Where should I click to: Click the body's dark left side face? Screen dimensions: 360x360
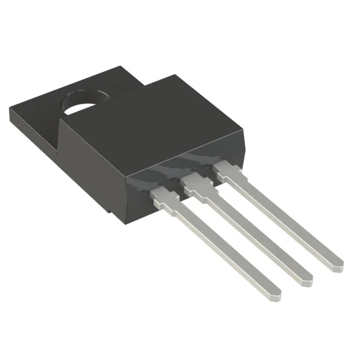90,169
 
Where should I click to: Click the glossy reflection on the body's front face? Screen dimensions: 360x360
186,160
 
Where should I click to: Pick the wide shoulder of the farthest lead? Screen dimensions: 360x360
225,169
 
